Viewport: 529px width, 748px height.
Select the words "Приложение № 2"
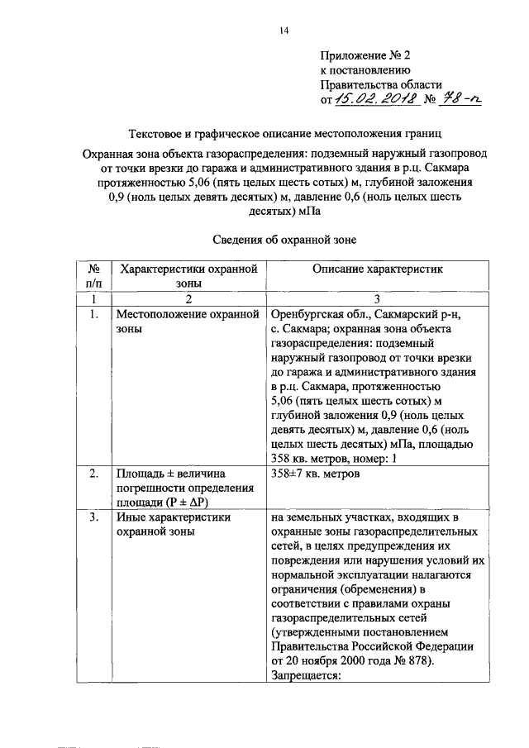point(365,55)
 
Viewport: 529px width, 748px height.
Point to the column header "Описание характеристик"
point(378,269)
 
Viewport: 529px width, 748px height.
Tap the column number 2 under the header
point(188,298)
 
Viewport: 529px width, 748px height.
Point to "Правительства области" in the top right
point(381,84)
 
